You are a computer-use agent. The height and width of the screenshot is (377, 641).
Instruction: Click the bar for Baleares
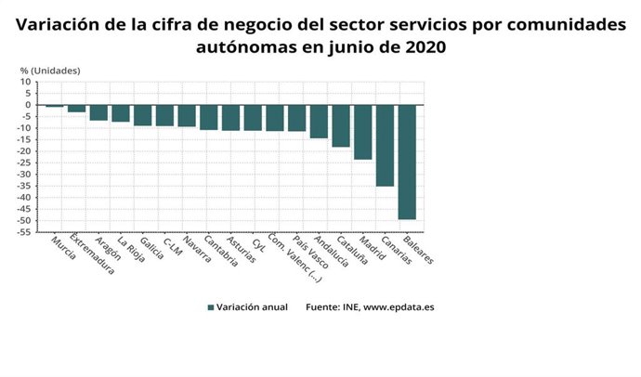coord(407,162)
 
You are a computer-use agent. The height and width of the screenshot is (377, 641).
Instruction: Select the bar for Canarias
coord(385,146)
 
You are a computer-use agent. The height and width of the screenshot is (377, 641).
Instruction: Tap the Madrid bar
coord(362,133)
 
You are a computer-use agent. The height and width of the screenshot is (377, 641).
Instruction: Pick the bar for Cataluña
coord(341,126)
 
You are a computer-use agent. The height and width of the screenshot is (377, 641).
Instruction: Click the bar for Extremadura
coord(76,109)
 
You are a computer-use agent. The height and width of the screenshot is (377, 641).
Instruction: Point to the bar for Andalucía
coord(319,122)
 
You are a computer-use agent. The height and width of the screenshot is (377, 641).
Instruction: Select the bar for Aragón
coord(98,112)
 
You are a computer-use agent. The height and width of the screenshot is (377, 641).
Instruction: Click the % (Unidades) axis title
coord(50,70)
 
